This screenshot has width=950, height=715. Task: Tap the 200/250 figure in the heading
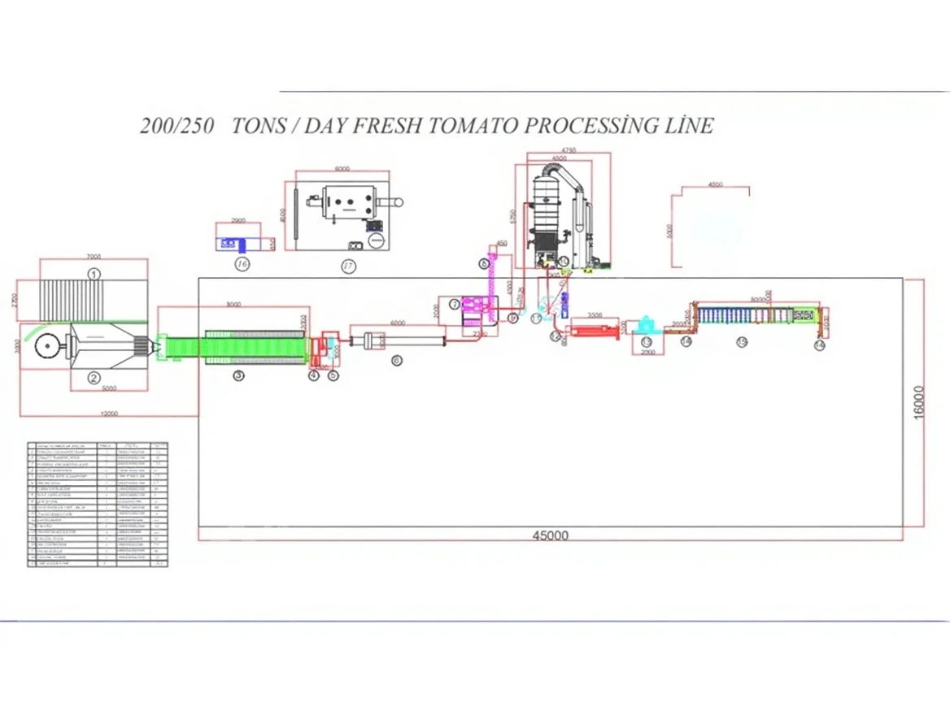click(176, 127)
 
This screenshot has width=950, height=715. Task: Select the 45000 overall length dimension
click(551, 535)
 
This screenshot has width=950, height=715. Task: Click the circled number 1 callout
click(94, 274)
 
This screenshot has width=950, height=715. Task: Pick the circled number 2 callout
click(94, 377)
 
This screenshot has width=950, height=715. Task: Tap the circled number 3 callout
click(238, 375)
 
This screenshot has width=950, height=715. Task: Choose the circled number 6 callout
click(396, 360)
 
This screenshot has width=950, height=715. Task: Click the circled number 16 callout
click(242, 264)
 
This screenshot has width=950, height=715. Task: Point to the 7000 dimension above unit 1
click(94, 256)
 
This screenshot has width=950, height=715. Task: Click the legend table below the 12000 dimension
click(98, 504)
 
